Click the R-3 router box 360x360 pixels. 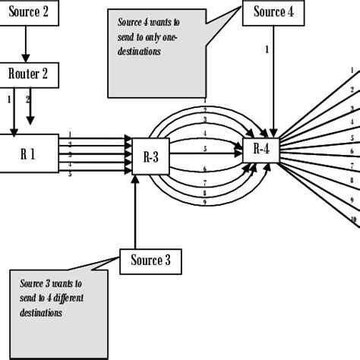point(150,156)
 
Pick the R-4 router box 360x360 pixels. point(261,149)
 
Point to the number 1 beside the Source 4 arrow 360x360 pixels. point(267,50)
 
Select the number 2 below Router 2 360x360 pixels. point(29,99)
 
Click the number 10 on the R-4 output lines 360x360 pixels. point(354,220)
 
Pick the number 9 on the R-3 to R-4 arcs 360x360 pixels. point(205,202)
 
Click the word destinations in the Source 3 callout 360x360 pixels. point(43,312)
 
